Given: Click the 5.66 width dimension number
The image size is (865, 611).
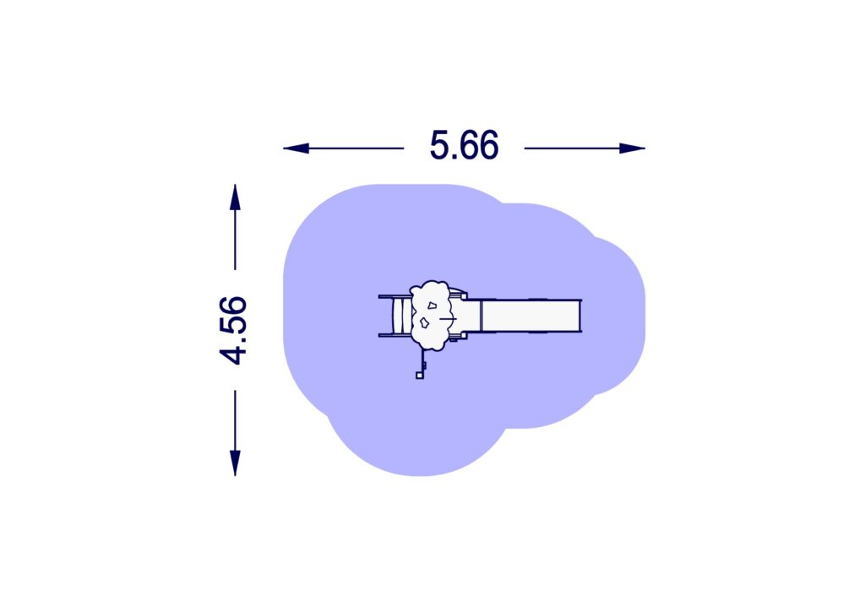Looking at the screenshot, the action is (x=464, y=145).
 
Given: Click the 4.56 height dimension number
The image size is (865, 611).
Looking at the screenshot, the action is (x=233, y=330).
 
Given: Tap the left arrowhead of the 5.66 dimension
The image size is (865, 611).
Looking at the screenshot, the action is (x=296, y=149).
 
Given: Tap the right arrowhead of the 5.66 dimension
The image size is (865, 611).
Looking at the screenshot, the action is (x=632, y=149).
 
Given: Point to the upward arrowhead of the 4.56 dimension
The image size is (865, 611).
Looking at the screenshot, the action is (x=235, y=197).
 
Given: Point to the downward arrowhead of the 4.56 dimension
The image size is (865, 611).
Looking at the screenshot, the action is (x=235, y=462).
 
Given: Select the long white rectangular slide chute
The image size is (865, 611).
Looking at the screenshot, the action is (x=531, y=316).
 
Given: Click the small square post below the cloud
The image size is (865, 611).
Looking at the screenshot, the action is (x=420, y=376).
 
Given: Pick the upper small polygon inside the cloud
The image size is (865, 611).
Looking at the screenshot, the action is (x=432, y=305).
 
